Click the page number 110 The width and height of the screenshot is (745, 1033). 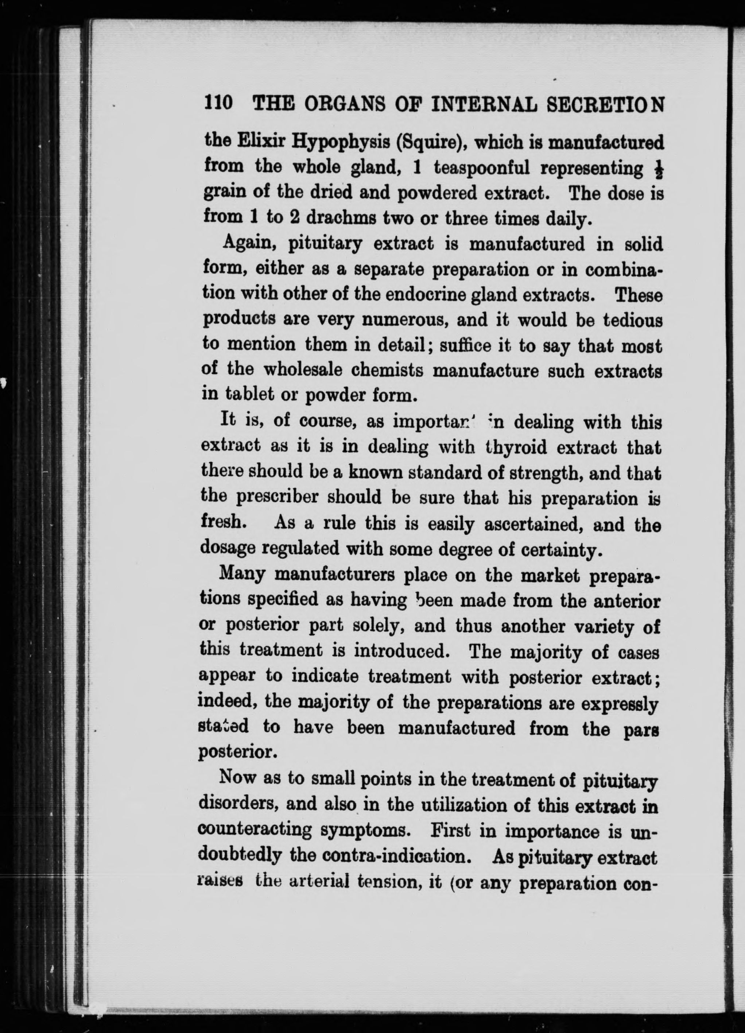(218, 104)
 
